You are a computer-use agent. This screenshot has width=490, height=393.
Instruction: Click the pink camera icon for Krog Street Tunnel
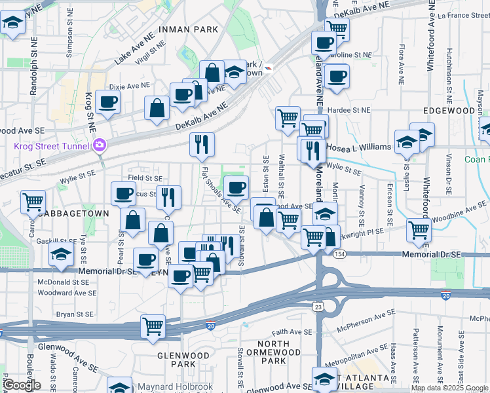click(x=100, y=144)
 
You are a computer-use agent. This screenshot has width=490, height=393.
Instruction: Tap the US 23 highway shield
click(x=318, y=306)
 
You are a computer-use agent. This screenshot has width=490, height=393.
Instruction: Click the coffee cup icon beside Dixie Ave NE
click(x=107, y=102)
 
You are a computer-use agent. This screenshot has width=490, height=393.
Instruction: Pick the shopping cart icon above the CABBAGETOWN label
click(x=33, y=202)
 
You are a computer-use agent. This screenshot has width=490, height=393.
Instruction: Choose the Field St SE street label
click(x=145, y=178)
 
